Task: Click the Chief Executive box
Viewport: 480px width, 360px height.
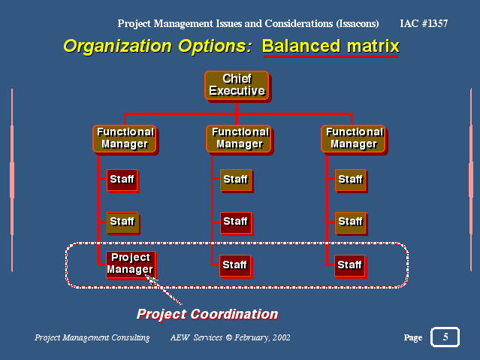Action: point(237,85)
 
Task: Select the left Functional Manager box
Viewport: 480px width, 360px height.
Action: point(125,138)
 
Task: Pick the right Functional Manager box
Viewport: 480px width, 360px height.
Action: point(353,138)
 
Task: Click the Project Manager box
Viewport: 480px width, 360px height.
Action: point(131,264)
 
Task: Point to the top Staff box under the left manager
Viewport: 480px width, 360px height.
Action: point(122,180)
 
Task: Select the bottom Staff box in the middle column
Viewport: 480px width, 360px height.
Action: point(235,265)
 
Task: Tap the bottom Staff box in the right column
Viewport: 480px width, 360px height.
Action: point(349,265)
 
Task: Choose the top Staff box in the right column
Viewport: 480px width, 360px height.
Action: point(350,180)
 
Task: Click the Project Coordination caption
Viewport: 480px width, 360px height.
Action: point(207,314)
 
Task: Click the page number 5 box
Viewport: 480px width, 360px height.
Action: point(445,337)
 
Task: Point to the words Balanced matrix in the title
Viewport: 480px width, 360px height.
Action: point(331,46)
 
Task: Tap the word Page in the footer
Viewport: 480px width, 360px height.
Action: point(413,338)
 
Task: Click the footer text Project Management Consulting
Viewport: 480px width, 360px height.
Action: point(92,338)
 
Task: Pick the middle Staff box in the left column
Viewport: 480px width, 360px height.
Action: point(122,222)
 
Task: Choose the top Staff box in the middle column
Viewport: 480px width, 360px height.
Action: point(235,180)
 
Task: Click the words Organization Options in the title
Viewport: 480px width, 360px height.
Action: point(157,46)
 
